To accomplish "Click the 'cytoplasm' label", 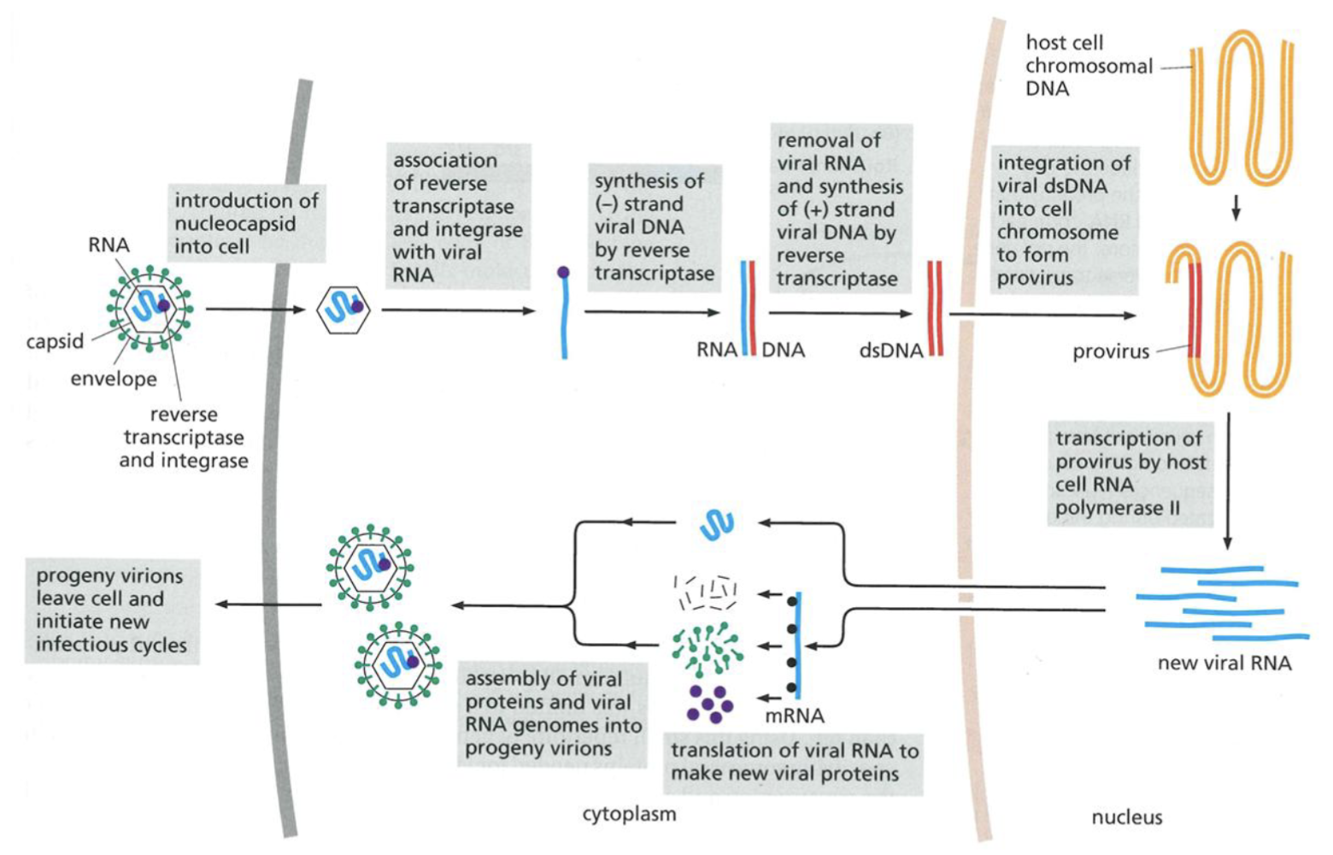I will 629,814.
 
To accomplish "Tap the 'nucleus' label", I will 1126,817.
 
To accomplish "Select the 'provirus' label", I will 1110,351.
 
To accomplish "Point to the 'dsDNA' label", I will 890,351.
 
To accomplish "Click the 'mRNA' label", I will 794,716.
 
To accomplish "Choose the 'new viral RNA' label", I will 1224,663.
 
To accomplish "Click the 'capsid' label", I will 55,341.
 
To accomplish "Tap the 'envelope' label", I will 113,379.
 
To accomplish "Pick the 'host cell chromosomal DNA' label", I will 1089,66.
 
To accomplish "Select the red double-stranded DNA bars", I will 935,309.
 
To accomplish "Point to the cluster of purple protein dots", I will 709,703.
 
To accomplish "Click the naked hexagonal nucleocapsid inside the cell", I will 343,310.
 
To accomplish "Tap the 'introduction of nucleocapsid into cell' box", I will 246,223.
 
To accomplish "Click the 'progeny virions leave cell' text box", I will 111,610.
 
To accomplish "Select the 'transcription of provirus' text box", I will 1130,474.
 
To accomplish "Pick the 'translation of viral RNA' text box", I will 794,762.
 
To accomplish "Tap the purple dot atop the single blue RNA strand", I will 563,273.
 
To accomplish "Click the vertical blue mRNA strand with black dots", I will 797,646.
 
